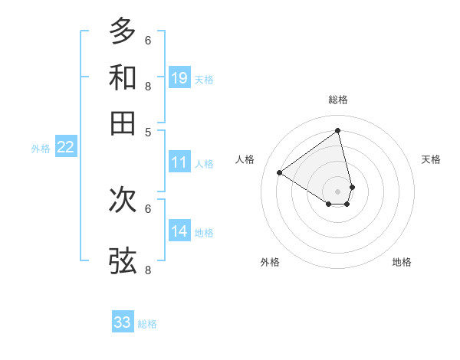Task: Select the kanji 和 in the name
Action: click(x=123, y=77)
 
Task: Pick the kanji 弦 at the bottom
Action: click(x=123, y=260)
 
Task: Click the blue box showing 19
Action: click(x=179, y=77)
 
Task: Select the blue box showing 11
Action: click(x=179, y=162)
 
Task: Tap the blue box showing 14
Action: click(x=179, y=231)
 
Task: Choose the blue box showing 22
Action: click(x=65, y=147)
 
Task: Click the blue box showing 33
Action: click(x=123, y=322)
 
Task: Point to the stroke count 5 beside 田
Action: click(x=148, y=132)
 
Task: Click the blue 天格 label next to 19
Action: click(x=204, y=79)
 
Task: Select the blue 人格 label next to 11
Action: click(x=204, y=164)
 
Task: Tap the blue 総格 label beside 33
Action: click(x=147, y=324)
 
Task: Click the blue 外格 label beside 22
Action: click(x=41, y=149)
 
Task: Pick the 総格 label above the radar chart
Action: click(x=338, y=100)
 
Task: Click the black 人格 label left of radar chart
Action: click(x=245, y=159)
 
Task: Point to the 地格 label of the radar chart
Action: click(x=402, y=262)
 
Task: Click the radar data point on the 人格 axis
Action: click(x=280, y=173)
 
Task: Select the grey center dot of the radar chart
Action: click(x=338, y=191)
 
